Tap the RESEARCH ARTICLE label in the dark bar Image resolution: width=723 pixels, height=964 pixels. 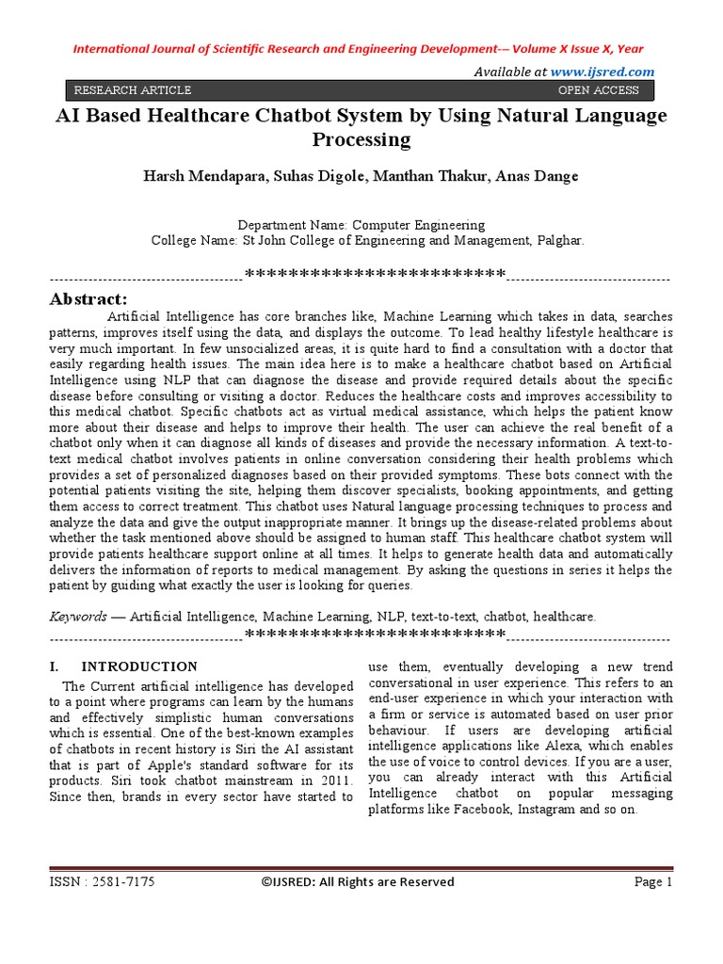[x=132, y=90]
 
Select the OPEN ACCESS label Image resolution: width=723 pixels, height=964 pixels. [x=598, y=90]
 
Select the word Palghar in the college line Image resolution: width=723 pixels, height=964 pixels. [x=560, y=240]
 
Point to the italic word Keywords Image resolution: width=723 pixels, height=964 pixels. [x=78, y=617]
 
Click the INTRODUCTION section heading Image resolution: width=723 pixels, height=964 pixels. [x=138, y=667]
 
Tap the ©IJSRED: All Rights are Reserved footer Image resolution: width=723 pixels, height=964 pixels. [x=357, y=882]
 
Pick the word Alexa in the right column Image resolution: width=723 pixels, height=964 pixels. [x=534, y=747]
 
